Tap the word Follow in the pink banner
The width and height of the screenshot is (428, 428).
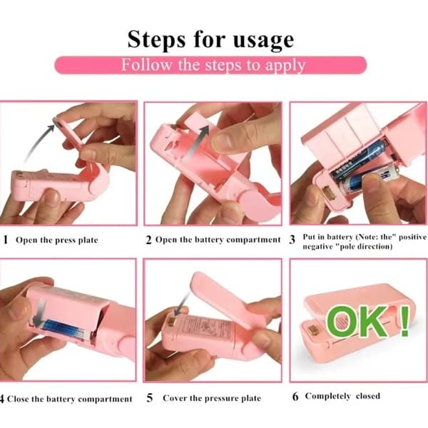[147, 65]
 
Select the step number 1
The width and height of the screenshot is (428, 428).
[5, 240]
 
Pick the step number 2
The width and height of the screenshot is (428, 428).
[148, 240]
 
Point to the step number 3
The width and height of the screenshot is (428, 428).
[292, 240]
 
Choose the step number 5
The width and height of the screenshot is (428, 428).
[150, 398]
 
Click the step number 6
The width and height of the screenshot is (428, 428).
[295, 397]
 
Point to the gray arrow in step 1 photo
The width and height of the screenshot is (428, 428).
[39, 142]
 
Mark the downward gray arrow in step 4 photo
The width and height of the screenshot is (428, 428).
[41, 311]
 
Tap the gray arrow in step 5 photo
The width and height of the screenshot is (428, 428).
[182, 304]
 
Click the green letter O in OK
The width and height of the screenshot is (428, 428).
[342, 322]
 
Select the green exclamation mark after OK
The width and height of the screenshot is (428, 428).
[404, 321]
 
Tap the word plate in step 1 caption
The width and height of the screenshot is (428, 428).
[88, 240]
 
